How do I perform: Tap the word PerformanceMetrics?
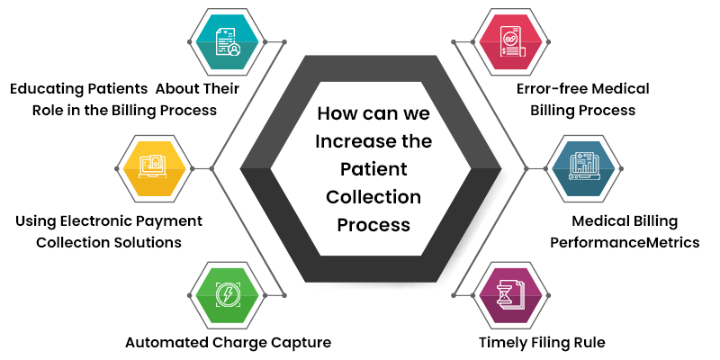click(624, 242)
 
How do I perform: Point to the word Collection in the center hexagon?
click(373, 196)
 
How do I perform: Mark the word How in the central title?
click(337, 115)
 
